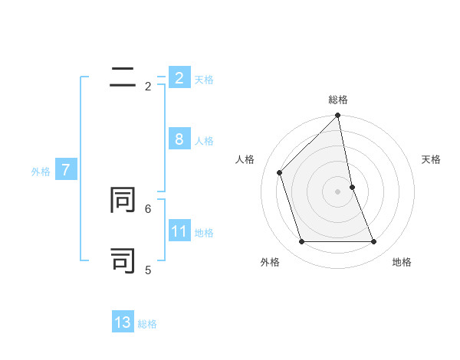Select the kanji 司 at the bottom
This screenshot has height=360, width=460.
click(123, 260)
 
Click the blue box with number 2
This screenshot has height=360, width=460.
click(179, 78)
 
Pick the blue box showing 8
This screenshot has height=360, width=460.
click(179, 139)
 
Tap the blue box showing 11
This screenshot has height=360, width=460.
click(179, 231)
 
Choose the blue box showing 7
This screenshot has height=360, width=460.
click(65, 170)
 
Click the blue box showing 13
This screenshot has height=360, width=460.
click(123, 323)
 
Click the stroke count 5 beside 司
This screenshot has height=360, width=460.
click(148, 270)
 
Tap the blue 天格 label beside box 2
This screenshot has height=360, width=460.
click(204, 80)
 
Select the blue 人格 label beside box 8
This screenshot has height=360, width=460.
click(204, 141)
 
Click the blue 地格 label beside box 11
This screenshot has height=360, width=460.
click(204, 233)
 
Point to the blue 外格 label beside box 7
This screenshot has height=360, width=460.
click(41, 172)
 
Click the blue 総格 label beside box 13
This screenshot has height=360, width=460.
click(147, 325)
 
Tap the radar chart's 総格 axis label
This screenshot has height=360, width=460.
click(338, 100)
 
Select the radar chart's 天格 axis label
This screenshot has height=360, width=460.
click(432, 159)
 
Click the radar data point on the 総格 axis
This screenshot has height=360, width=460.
click(338, 116)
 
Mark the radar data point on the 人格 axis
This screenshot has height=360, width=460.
click(280, 172)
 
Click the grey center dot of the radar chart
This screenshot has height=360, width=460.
click(338, 191)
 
